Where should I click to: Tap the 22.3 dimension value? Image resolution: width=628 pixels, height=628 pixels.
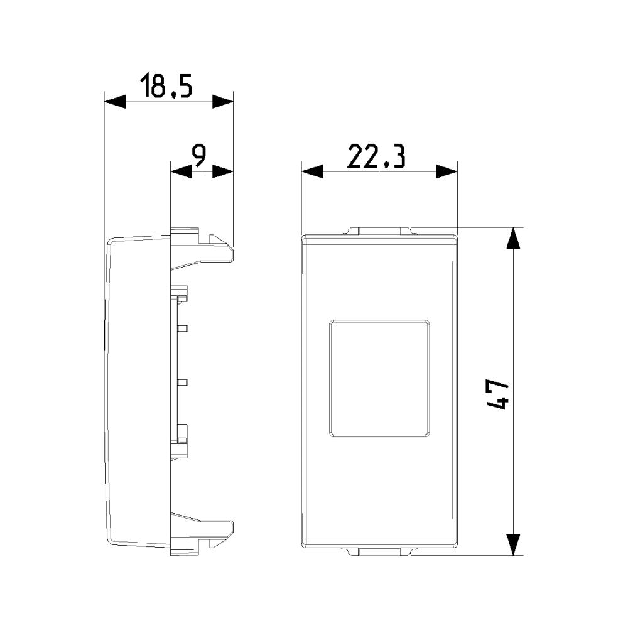pyautogui.click(x=376, y=156)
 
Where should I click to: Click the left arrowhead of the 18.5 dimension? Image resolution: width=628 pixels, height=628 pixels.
pyautogui.click(x=114, y=102)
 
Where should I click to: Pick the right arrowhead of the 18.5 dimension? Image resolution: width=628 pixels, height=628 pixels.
pyautogui.click(x=223, y=102)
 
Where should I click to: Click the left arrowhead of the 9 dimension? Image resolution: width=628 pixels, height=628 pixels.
pyautogui.click(x=181, y=172)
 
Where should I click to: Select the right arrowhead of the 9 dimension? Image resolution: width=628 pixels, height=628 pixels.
pyautogui.click(x=223, y=172)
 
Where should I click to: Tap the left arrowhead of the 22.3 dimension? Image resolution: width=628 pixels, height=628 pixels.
pyautogui.click(x=312, y=172)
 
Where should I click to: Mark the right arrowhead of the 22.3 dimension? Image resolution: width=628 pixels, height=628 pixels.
pyautogui.click(x=447, y=172)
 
